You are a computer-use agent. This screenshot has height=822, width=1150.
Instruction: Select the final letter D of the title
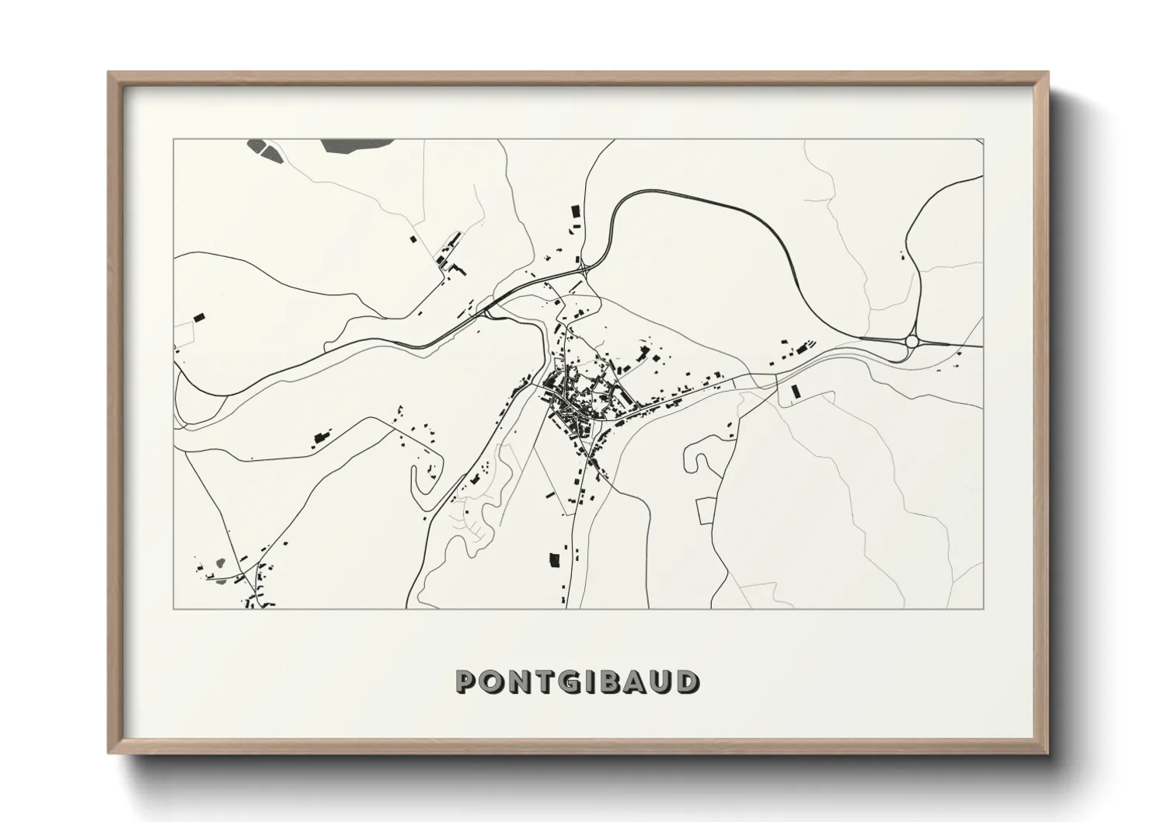click(688, 681)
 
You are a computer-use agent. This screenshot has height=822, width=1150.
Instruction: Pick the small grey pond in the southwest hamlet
click(220, 562)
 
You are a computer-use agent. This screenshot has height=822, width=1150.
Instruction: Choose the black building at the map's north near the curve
click(576, 211)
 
